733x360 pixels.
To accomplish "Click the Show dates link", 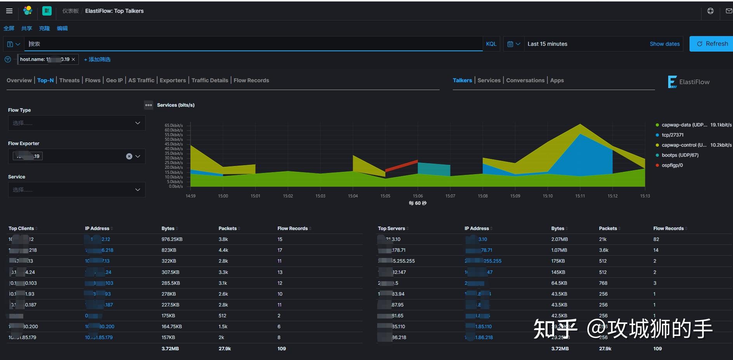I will [664, 44].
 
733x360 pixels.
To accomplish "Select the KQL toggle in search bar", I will [491, 44].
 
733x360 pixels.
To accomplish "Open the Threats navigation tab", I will [69, 80].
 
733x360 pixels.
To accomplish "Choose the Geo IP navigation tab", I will [114, 80].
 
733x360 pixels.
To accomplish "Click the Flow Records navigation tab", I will [251, 80].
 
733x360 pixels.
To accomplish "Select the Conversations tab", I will [525, 80].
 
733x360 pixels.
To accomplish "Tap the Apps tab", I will [557, 80].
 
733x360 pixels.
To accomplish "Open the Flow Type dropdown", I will [76, 123].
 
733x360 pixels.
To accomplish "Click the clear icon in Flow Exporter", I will [129, 156].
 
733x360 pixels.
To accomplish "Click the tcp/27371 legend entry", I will [672, 135].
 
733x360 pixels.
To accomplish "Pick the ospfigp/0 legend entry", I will [672, 165].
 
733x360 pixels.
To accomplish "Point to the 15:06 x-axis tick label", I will [418, 196].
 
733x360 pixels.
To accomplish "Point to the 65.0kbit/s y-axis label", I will [173, 125].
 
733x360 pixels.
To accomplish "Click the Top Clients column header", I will [21, 228].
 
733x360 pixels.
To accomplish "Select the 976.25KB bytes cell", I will [172, 239].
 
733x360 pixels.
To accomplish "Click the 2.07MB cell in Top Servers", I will [559, 239].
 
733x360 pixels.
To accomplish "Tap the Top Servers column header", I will [391, 228].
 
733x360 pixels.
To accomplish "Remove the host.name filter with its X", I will [73, 59].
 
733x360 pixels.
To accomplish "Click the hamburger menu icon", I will [9, 11].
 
